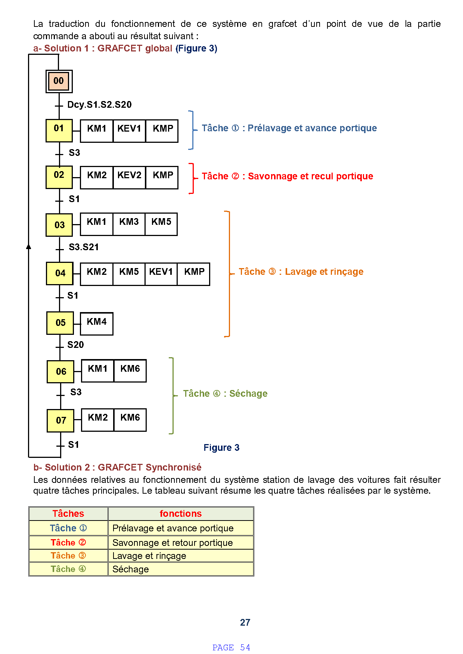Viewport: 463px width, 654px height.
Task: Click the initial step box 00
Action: [59, 81]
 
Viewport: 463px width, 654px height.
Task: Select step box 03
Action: [59, 225]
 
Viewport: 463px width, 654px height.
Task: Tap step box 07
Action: [60, 421]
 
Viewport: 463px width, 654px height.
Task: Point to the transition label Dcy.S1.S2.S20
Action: [99, 105]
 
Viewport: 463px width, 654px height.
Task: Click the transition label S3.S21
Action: [84, 247]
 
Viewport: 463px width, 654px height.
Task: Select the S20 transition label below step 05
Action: [75, 345]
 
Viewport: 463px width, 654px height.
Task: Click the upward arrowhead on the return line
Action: [29, 246]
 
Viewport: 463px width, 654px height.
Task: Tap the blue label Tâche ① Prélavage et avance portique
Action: [289, 128]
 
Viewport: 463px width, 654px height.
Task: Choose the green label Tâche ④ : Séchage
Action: [225, 394]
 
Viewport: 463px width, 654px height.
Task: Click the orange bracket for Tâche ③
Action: [229, 274]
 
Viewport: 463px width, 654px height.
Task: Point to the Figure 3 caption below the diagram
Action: [221, 448]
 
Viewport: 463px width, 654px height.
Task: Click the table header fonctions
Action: [181, 514]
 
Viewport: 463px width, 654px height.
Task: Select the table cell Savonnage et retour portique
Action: [173, 543]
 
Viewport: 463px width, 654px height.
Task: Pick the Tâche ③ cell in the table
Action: [68, 556]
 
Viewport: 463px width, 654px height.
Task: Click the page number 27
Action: [245, 622]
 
